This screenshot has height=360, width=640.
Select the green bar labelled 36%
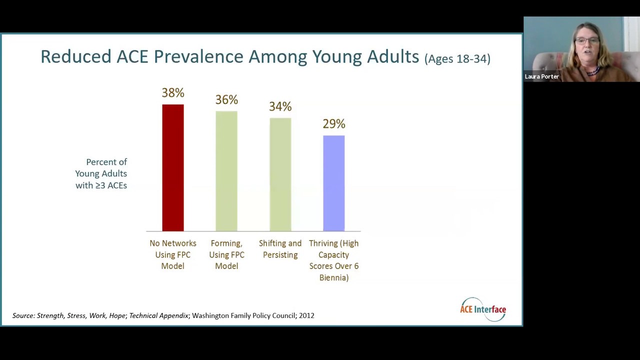coord(226,171)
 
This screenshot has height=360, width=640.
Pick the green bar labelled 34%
coord(280,174)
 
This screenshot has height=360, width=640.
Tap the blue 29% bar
coord(333,183)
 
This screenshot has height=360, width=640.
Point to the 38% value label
coord(173,93)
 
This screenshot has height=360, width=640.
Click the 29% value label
coord(333,123)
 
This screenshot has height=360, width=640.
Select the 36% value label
coord(226,100)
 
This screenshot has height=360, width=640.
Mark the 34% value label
coord(280,106)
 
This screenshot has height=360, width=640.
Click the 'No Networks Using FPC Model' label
coord(173,254)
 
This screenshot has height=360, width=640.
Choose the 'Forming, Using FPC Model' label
coord(226,254)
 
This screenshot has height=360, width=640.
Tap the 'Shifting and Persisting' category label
coord(280,249)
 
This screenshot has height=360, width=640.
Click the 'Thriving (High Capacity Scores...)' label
coord(333,260)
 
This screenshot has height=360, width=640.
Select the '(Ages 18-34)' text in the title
coord(457,58)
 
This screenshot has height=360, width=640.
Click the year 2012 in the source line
coord(306,315)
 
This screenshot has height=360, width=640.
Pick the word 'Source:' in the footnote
coord(23,315)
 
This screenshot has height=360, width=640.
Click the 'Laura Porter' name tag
coord(541,76)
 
